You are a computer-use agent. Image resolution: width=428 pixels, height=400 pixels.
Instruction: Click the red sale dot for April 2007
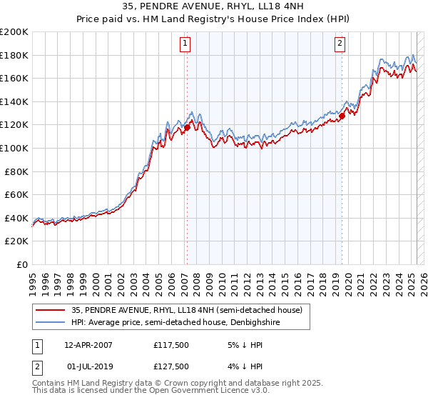pos(187,128)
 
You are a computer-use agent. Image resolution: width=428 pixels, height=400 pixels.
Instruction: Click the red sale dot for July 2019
pos(342,116)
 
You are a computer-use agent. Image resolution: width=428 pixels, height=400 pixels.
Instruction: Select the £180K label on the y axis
pos(14,55)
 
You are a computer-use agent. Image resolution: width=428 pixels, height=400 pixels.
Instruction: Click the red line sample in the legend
pos(51,310)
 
